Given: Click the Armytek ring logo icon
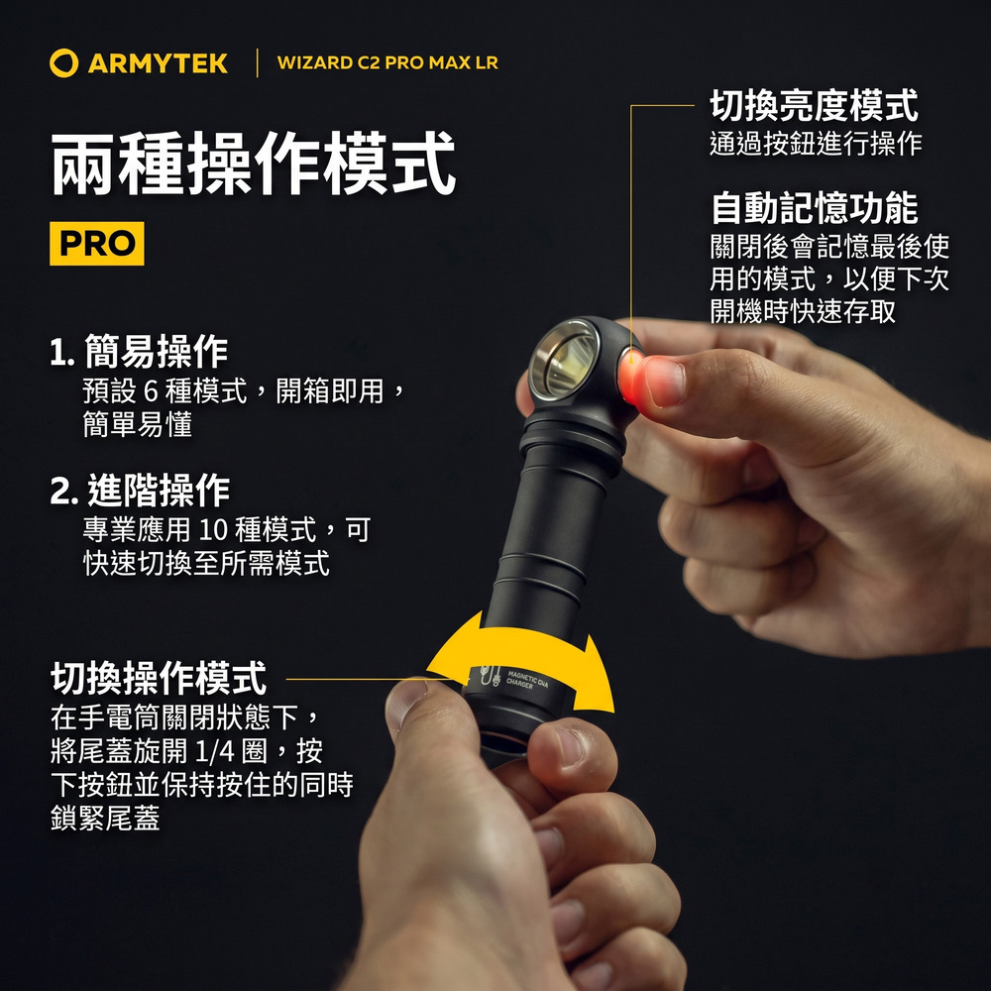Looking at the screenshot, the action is pos(63,62).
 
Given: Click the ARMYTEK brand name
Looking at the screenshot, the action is pos(158,63).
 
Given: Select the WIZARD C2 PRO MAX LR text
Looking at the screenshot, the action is pos(387,62).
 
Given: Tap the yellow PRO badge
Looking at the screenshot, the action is pos(97,244).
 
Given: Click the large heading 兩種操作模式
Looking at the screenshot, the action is pos(253,164).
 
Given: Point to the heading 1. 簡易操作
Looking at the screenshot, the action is pos(139,352).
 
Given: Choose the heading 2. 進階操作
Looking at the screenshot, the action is pos(141,491).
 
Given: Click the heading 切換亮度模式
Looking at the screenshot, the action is pos(814,105).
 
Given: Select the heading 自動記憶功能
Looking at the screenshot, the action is pos(814,208).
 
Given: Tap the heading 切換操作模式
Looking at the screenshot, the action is pos(159,678).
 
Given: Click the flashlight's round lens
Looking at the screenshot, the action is pos(564,360).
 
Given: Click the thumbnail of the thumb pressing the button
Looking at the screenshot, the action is pos(664,382).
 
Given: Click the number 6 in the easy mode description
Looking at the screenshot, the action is pos(151,391).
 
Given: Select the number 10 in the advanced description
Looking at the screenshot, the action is pos(213,529).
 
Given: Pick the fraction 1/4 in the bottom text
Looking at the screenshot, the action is pos(214,751).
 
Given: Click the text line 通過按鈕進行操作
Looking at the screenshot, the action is pos(816,144).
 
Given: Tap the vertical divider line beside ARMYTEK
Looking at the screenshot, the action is pos(258,62).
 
